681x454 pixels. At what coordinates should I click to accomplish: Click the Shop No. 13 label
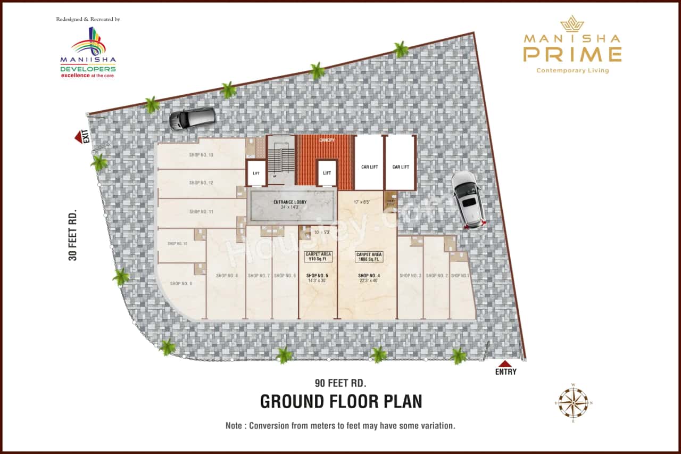click(x=201, y=155)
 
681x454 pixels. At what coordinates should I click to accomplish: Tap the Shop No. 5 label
click(x=318, y=276)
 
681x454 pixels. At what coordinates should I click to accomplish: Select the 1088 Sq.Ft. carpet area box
click(x=369, y=257)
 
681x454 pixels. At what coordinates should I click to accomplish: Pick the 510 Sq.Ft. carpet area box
click(x=318, y=257)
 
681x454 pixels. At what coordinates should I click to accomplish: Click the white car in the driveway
click(x=468, y=199)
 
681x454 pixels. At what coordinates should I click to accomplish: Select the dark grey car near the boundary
click(x=192, y=118)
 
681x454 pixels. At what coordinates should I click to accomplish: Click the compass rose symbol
click(x=573, y=402)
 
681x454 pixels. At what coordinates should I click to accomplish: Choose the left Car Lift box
click(x=369, y=167)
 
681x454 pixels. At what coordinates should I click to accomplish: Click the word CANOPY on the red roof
click(x=325, y=141)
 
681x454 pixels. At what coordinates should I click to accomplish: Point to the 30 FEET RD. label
click(x=73, y=235)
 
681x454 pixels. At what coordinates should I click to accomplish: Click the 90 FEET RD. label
click(x=340, y=383)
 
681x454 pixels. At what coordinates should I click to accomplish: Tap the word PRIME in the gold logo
click(x=572, y=54)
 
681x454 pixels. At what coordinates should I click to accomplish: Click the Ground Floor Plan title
click(x=340, y=401)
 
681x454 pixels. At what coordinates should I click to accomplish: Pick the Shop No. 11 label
click(x=201, y=212)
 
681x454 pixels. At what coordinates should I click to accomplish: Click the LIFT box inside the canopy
click(x=327, y=173)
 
